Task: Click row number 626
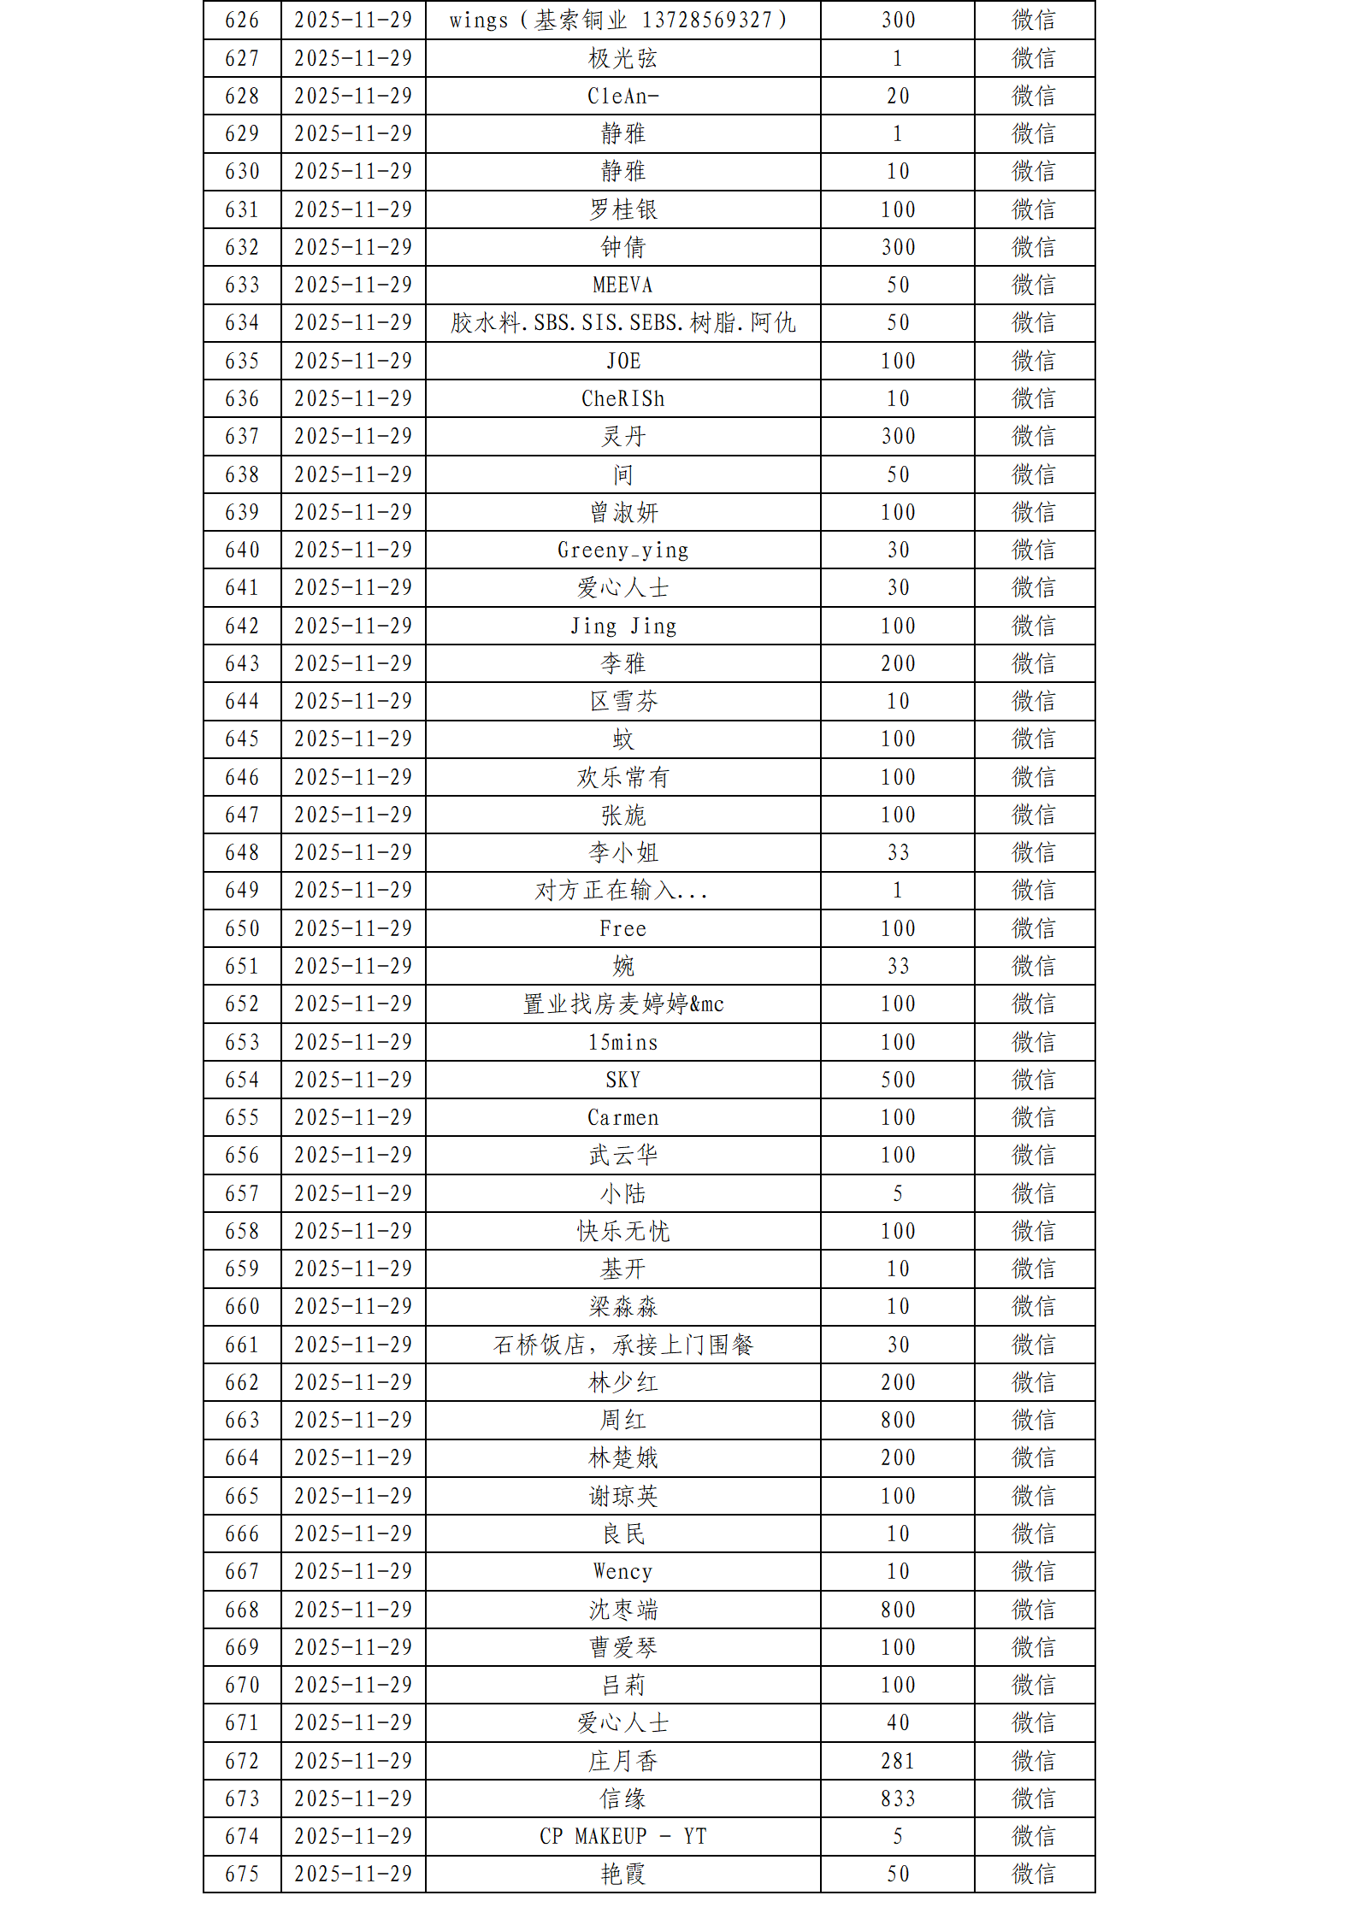[x=242, y=21]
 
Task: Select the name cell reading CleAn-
[x=622, y=97]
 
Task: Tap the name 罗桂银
[x=622, y=209]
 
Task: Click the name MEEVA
[x=622, y=285]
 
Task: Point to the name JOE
[x=622, y=361]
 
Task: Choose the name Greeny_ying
[x=622, y=550]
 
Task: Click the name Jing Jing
[x=622, y=626]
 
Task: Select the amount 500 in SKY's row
[x=898, y=1080]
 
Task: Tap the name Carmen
[x=622, y=1117]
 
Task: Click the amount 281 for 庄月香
[x=898, y=1761]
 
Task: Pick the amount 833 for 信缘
[x=898, y=1798]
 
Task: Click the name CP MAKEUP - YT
[x=622, y=1836]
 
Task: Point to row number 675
[x=242, y=1874]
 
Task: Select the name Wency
[x=622, y=1571]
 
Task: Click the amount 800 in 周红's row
[x=898, y=1420]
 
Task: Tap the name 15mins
[x=622, y=1042]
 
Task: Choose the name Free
[x=622, y=928]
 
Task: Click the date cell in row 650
[x=353, y=928]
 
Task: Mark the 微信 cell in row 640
[x=1034, y=550]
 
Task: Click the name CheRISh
[x=622, y=398]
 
